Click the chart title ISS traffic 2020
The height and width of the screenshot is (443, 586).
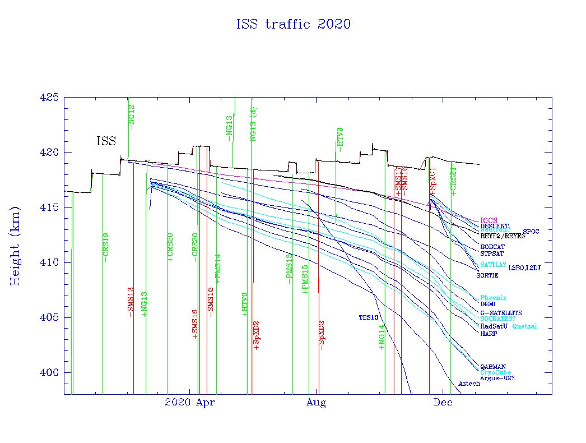293,24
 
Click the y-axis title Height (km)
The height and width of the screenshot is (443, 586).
15,244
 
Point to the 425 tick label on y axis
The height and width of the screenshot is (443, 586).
49,98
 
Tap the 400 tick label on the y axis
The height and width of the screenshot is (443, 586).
49,373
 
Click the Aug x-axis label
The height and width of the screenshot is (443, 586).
317,403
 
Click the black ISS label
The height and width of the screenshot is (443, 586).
106,141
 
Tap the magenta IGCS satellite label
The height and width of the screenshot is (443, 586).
489,220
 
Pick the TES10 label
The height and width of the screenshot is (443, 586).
369,317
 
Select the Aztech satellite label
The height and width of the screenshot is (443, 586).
469,384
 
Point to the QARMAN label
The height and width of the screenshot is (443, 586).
493,367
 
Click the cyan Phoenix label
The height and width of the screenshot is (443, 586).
493,298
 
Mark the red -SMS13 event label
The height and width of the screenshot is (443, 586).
131,302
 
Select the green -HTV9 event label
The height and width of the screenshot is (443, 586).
340,140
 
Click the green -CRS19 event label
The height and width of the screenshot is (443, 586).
106,247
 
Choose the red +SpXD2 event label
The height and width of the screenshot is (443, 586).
257,335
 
